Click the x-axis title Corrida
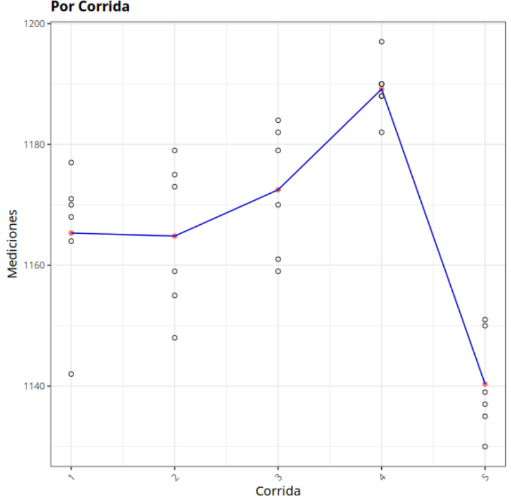coord(277,491)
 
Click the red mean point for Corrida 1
coord(71,233)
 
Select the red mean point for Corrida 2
coord(175,236)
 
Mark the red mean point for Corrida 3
coord(278,189)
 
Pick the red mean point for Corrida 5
coord(484,384)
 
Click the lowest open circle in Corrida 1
coord(71,374)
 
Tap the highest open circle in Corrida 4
coord(381,42)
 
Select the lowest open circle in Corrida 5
coord(484,447)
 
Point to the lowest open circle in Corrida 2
coord(175,338)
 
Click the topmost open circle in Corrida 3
coord(278,120)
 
